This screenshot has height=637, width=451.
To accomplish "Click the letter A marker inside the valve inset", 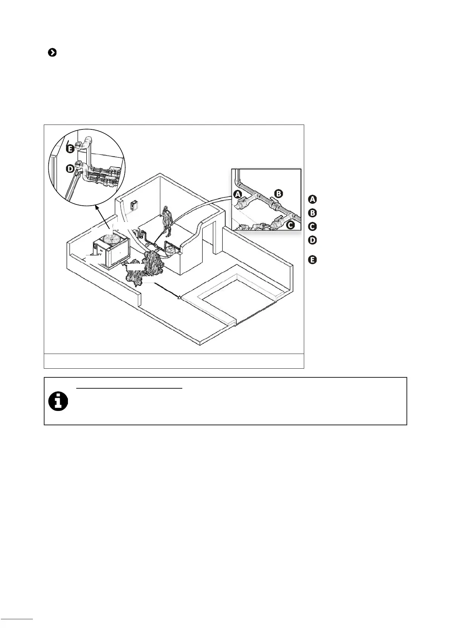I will tap(237, 194).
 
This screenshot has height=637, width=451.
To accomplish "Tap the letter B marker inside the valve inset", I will tap(278, 194).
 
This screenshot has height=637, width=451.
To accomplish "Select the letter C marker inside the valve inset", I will tap(290, 225).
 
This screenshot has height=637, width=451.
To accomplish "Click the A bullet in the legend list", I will tap(312, 199).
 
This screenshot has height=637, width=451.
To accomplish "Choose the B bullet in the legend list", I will tap(312, 213).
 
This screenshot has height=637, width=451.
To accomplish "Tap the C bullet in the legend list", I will tap(312, 227).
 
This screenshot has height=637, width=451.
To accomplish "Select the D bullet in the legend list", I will tap(312, 240).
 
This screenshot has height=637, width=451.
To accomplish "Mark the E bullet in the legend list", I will tap(312, 260).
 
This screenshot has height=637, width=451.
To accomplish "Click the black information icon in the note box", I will tap(58, 401).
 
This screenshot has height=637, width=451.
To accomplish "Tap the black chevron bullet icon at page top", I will tap(52, 53).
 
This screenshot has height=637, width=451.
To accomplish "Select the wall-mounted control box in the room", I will tap(134, 206).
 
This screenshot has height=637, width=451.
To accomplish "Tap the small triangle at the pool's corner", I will tap(180, 297).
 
